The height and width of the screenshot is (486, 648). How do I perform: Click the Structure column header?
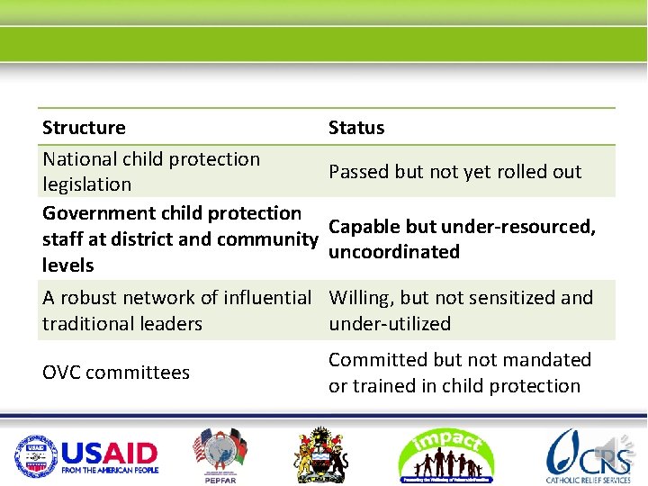pyautogui.click(x=85, y=128)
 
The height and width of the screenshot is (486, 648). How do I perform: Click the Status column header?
pyautogui.click(x=356, y=128)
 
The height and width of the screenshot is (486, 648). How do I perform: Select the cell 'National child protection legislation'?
pyautogui.click(x=151, y=171)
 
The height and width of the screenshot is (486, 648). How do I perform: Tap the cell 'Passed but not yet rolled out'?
pyautogui.click(x=454, y=172)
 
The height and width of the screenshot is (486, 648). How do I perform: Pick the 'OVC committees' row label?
pyautogui.click(x=116, y=373)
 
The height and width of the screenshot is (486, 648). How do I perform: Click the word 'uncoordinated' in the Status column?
pyautogui.click(x=394, y=252)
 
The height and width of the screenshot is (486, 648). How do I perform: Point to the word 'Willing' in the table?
pyautogui.click(x=360, y=298)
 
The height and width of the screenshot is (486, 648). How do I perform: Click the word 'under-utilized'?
pyautogui.click(x=390, y=324)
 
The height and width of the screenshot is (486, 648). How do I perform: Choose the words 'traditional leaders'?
pyautogui.click(x=122, y=324)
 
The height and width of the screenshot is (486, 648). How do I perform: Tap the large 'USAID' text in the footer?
pyautogui.click(x=109, y=451)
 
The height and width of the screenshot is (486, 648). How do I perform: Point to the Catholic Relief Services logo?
pyautogui.click(x=589, y=454)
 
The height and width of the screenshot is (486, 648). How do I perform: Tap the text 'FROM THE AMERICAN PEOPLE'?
pyautogui.click(x=109, y=470)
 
